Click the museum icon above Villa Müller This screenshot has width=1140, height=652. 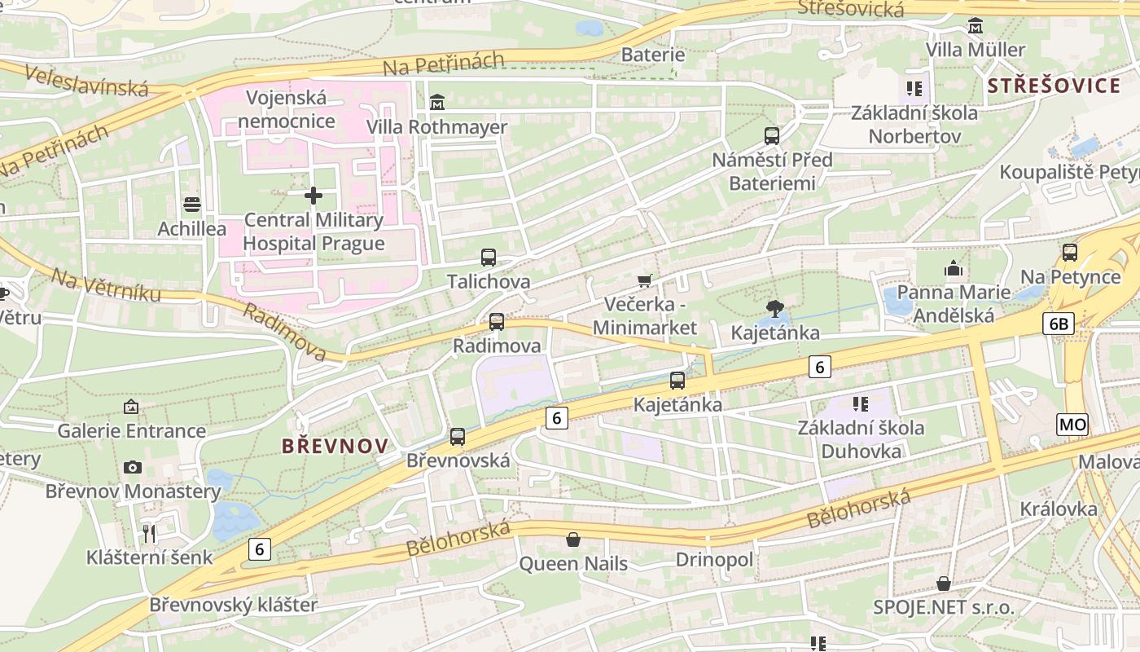975,26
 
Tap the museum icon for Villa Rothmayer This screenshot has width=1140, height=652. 437,103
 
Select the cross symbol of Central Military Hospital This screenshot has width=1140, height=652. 313,196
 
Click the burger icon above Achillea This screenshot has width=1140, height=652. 192,204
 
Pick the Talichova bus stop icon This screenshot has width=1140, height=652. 489,258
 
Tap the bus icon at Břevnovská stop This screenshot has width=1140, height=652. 458,437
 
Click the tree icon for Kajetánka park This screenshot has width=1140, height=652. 775,308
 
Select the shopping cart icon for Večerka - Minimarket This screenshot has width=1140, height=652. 645,281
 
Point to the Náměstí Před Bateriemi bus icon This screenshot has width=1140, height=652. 772,135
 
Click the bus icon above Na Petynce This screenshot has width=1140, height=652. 1070,253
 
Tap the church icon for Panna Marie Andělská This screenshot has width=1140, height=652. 954,268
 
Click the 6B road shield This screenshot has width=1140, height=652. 1058,324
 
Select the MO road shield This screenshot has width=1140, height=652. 1072,424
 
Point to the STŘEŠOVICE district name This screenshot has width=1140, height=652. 1054,86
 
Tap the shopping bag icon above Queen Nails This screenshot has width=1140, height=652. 573,540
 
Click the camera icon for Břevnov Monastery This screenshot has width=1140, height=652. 133,467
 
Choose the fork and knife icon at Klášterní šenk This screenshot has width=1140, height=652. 149,534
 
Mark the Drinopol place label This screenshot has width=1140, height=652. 714,560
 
